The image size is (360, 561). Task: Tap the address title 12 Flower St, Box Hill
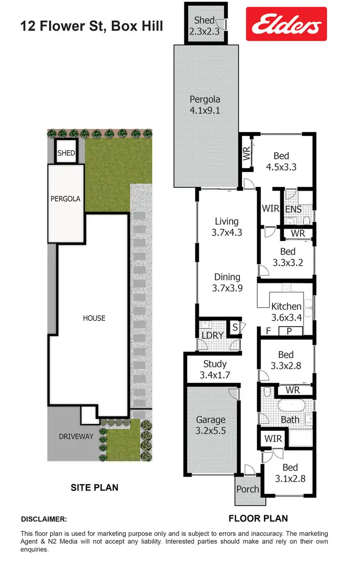click(92, 25)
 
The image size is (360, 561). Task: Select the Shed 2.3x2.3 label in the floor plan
click(205, 25)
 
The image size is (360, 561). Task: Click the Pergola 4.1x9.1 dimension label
click(205, 105)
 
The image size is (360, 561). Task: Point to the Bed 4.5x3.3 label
click(281, 161)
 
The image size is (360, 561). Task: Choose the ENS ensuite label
click(293, 209)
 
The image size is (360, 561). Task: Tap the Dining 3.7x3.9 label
click(227, 282)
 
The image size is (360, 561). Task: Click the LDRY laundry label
click(212, 335)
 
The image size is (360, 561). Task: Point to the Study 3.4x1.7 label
click(215, 369)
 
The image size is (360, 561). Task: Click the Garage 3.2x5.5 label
click(211, 426)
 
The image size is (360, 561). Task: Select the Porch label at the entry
click(248, 489)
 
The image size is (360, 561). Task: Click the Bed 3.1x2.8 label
click(290, 473)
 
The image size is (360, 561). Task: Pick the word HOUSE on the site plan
click(94, 318)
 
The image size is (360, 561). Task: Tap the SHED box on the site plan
click(66, 153)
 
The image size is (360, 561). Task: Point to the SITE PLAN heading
click(94, 488)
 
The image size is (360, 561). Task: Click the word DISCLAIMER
click(44, 519)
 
